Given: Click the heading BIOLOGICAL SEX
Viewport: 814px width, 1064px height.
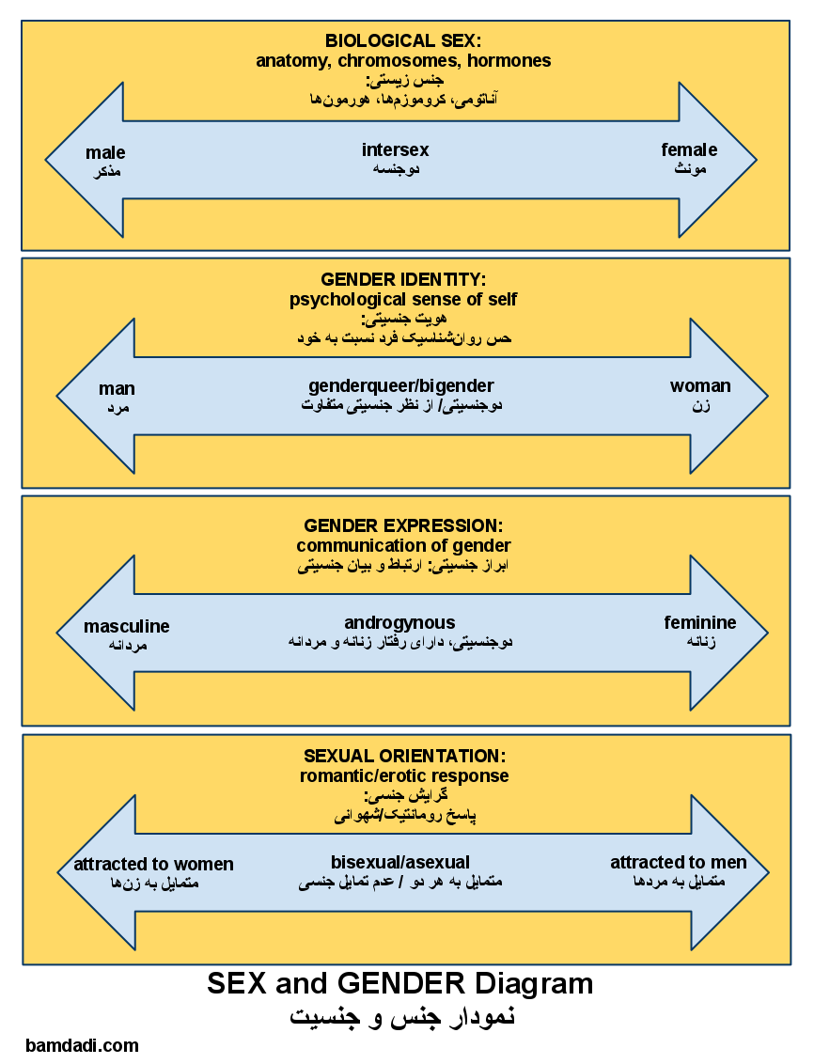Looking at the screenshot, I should [x=403, y=40].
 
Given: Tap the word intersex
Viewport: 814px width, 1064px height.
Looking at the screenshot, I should [x=395, y=149].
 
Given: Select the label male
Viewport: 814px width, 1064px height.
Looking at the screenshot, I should [x=105, y=152].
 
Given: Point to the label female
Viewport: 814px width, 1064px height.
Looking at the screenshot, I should [x=689, y=149].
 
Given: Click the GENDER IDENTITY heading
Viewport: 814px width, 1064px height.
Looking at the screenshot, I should [x=403, y=279].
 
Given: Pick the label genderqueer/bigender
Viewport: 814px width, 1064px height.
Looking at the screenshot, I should [x=401, y=386].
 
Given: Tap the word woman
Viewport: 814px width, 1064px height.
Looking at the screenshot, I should [x=700, y=386].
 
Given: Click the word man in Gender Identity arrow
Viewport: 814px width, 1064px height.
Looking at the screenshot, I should [x=117, y=388].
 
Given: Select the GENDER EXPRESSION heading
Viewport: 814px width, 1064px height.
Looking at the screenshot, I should [x=403, y=525].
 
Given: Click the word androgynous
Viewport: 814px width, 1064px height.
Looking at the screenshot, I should [x=399, y=623].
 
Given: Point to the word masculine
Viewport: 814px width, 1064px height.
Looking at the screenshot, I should [x=127, y=626].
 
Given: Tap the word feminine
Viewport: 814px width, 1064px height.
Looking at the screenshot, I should [x=700, y=623].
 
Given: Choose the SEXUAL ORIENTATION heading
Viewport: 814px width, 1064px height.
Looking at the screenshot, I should [x=404, y=756].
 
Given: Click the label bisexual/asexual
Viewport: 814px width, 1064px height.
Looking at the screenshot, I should [x=400, y=862].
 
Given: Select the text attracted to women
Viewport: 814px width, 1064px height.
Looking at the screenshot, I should [x=153, y=865].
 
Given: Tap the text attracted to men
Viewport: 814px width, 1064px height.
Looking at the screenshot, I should [x=679, y=863].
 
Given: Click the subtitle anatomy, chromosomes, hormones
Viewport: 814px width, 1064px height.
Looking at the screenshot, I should [x=403, y=61].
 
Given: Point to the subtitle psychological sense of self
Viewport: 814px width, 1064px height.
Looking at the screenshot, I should [x=403, y=300].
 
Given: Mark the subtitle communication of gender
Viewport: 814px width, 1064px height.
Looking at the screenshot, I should [x=403, y=546].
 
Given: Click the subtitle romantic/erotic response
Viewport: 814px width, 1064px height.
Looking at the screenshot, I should [x=404, y=776].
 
